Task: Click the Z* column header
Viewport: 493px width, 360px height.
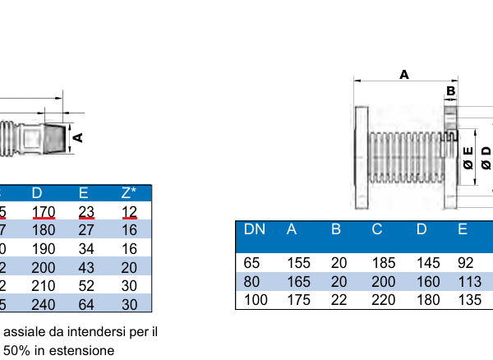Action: click(129, 193)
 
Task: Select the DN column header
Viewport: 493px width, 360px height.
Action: click(255, 229)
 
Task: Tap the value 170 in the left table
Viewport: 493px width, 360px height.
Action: click(44, 213)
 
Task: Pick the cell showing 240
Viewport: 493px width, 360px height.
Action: click(44, 304)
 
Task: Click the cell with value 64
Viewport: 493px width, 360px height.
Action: click(86, 304)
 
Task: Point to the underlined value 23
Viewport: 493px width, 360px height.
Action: click(86, 213)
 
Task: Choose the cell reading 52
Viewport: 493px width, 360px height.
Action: click(86, 286)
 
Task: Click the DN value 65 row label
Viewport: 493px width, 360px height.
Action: click(252, 264)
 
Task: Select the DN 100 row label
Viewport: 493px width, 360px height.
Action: click(256, 300)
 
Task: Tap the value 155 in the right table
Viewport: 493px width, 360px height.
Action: click(298, 264)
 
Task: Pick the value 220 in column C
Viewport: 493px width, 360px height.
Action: click(383, 300)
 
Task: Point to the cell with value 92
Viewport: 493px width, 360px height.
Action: click(465, 264)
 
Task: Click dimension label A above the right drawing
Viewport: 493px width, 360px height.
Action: click(404, 74)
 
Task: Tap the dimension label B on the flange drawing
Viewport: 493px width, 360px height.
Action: click(450, 90)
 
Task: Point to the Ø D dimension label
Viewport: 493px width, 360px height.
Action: click(486, 156)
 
